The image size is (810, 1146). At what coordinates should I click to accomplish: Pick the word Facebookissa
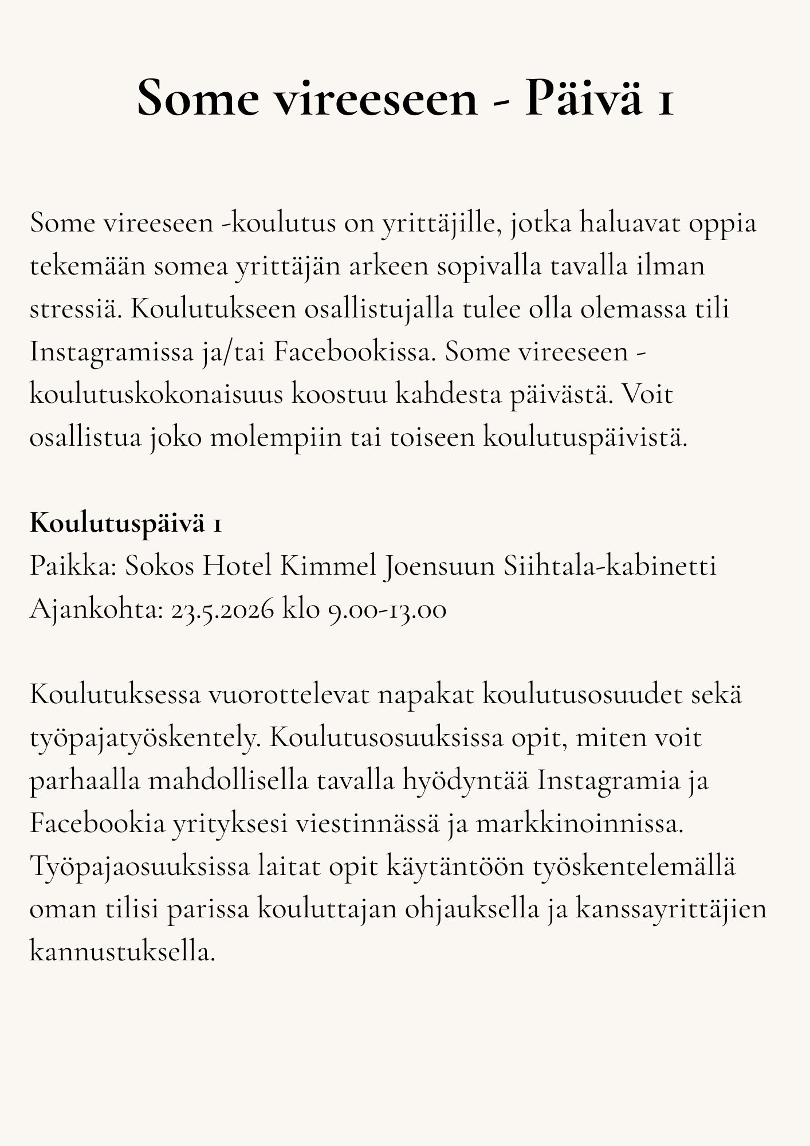tap(351, 352)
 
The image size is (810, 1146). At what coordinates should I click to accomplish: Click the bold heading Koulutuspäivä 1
tap(125, 524)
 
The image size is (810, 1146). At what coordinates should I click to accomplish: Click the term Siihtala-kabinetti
tap(610, 567)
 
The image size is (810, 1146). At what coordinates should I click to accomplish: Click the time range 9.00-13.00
tap(387, 610)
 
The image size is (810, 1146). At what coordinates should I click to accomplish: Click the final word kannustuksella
tap(122, 953)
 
